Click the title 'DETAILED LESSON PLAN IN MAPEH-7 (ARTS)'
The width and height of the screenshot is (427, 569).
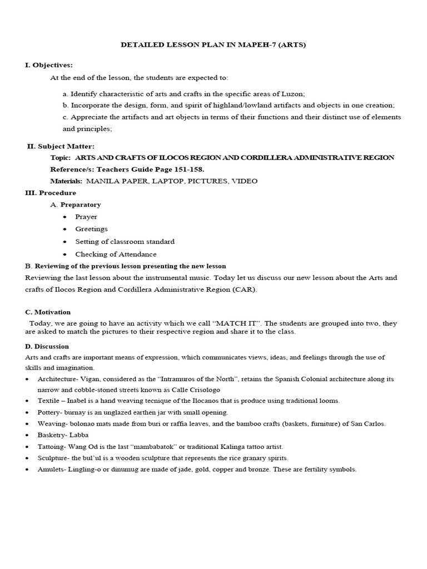[x=213, y=45]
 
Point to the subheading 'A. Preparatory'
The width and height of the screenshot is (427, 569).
[x=76, y=204]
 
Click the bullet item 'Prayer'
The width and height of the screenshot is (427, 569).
[x=86, y=217]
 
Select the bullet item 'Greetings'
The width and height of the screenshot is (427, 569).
[x=92, y=229]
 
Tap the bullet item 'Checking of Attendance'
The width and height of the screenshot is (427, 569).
[x=116, y=254]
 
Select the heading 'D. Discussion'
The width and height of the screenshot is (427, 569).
[x=47, y=346]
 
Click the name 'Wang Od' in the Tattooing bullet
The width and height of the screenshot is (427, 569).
[x=82, y=447]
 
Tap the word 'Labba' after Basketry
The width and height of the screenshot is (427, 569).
[x=79, y=435]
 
